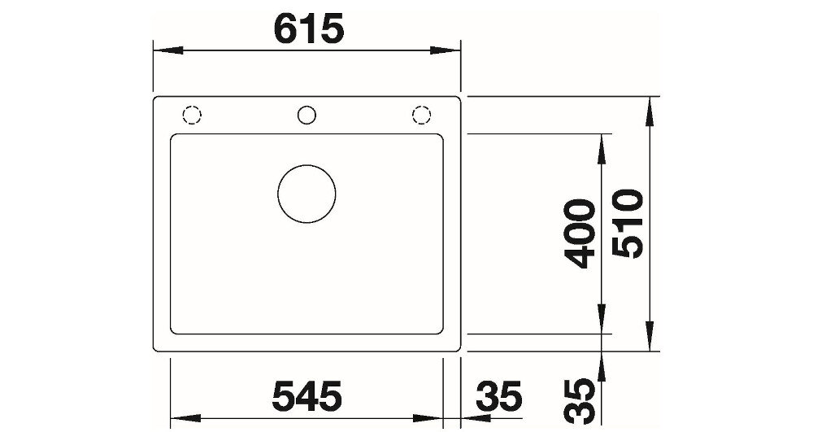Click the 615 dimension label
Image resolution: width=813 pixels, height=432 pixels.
pyautogui.click(x=308, y=30)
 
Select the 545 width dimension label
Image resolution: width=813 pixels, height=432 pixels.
pyautogui.click(x=307, y=398)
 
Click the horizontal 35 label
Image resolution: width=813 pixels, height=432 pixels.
pyautogui.click(x=498, y=398)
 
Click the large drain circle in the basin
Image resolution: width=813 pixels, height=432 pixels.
pyautogui.click(x=307, y=194)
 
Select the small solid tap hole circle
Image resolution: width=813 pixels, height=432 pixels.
pyautogui.click(x=307, y=116)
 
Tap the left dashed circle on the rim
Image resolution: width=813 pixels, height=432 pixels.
pyautogui.click(x=193, y=116)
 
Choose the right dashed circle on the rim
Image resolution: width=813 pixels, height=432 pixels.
pyautogui.click(x=421, y=116)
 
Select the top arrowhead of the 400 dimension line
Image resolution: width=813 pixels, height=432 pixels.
pyautogui.click(x=602, y=147)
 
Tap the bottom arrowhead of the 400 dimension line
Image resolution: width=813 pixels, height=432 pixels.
pyautogui.click(x=602, y=319)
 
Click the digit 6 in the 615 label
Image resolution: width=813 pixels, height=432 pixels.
pyautogui.click(x=285, y=30)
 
